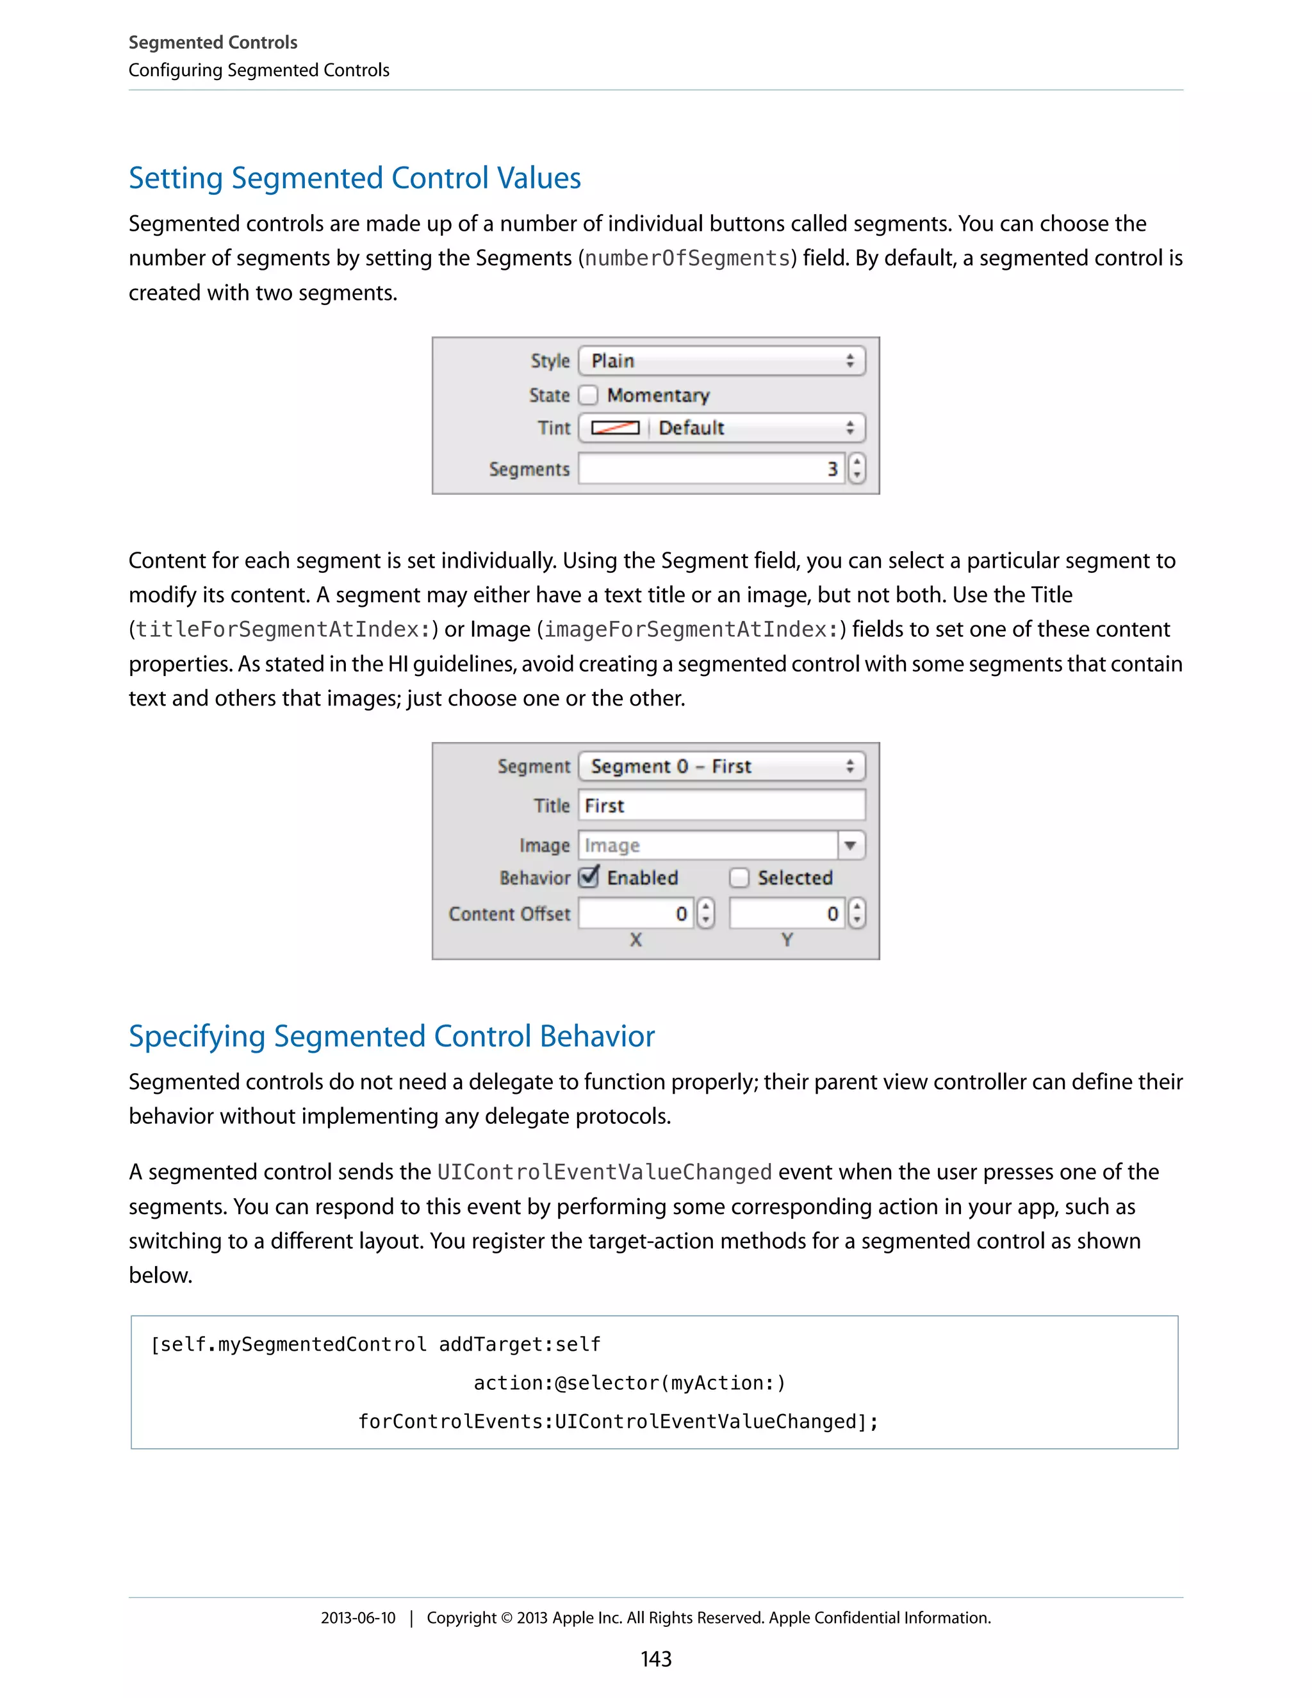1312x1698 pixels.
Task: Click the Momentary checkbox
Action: [588, 395]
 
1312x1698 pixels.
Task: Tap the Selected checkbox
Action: [739, 878]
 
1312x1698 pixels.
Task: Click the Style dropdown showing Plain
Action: [721, 361]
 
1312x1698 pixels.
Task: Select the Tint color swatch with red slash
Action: [615, 427]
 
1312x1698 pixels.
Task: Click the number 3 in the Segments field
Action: [832, 469]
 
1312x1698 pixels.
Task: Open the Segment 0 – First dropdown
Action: [721, 766]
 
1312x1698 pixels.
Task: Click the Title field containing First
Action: [721, 805]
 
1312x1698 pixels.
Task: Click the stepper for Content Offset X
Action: [705, 914]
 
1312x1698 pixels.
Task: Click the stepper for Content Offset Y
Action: [857, 914]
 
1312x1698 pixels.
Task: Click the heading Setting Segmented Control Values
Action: [354, 178]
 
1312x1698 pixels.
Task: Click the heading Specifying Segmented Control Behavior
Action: [391, 1036]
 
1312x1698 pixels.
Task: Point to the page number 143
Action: [655, 1658]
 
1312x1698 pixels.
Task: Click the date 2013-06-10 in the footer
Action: [357, 1618]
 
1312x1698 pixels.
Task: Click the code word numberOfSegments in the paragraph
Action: [687, 258]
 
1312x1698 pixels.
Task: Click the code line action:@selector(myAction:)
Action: [630, 1383]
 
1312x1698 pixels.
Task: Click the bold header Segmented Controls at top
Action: [213, 42]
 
